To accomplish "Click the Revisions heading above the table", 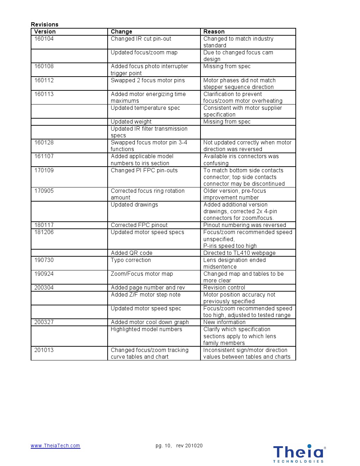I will click(44, 24).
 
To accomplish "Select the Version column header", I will click(45, 31).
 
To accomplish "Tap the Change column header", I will click(121, 31).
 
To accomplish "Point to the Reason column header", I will click(214, 31).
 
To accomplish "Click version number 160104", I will click(44, 38).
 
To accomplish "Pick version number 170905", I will click(44, 191).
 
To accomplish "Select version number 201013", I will click(44, 350).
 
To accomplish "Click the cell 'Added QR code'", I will click(132, 253).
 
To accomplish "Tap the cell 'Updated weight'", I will click(131, 121).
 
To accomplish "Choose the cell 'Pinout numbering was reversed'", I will click(245, 225).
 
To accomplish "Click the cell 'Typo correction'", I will click(131, 260).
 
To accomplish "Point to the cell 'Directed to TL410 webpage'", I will click(239, 253).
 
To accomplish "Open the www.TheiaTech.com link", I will click(55, 446).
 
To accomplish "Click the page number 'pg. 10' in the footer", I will click(163, 446).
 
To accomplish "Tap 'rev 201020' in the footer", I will click(189, 446).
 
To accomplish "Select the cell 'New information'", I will click(224, 322).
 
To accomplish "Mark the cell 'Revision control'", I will click(224, 287).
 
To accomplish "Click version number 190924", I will click(44, 274).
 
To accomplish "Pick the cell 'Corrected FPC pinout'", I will click(139, 225).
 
